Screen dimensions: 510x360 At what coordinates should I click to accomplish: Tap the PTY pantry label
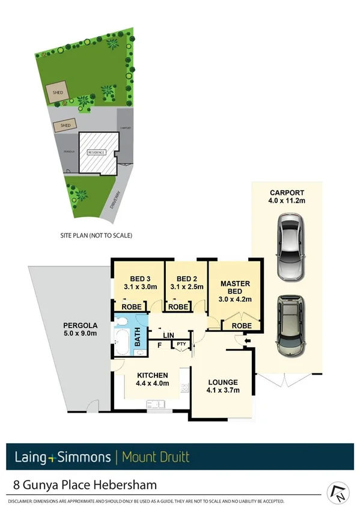click(x=180, y=344)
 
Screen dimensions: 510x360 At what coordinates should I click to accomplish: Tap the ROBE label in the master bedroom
click(x=242, y=325)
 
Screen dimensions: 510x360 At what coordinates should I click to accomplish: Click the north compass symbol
click(x=338, y=493)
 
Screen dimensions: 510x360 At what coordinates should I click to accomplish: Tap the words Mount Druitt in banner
click(x=155, y=458)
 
